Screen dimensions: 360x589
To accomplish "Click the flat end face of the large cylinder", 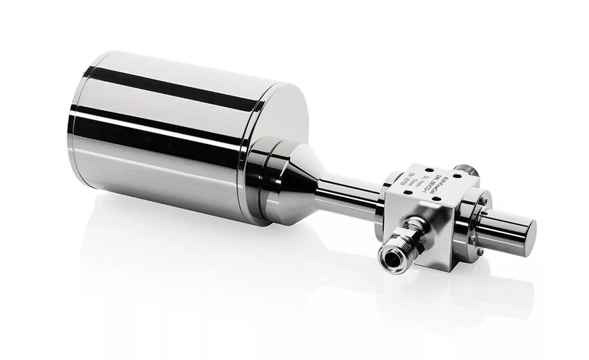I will pyautogui.click(x=275, y=137).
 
